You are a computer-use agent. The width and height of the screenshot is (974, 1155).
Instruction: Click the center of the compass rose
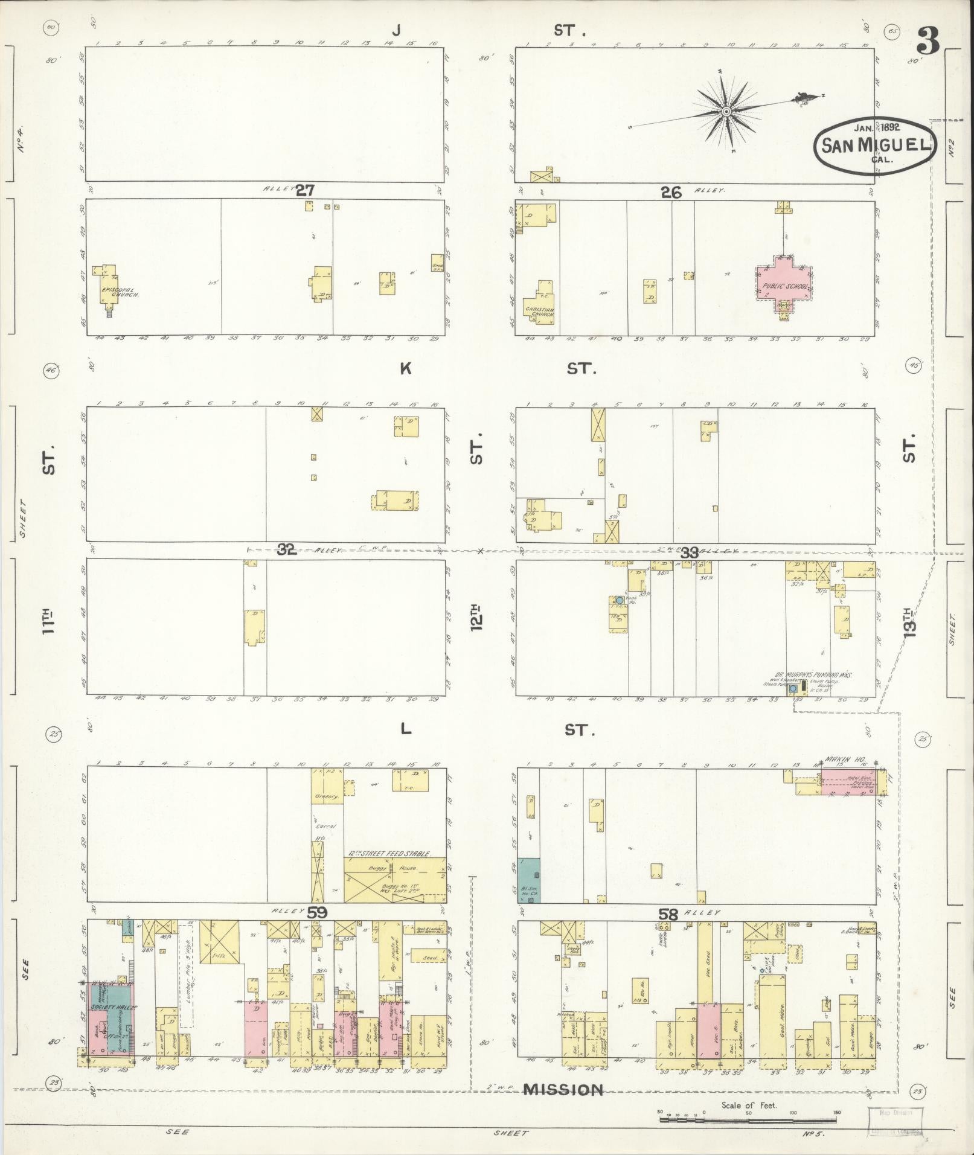(726, 111)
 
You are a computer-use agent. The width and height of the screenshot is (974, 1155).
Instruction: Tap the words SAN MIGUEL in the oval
(874, 146)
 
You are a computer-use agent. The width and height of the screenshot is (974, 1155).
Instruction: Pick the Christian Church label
(539, 312)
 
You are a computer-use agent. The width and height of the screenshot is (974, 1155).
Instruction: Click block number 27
(306, 191)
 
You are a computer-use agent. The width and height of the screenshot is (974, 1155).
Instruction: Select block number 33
(690, 552)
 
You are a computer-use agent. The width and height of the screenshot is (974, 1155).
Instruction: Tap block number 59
(318, 929)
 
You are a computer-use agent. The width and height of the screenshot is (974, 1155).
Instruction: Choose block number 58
(668, 932)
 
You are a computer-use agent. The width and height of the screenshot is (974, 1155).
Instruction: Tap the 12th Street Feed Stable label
(389, 854)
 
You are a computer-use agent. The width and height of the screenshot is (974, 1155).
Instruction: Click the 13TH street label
(910, 621)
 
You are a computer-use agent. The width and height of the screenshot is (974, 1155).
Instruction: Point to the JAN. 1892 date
(877, 127)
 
